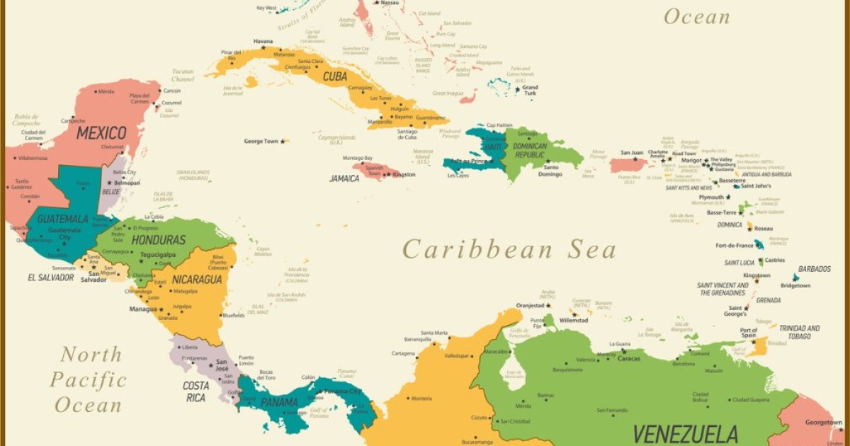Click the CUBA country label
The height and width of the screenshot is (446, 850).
335,76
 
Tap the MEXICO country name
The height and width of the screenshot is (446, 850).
101,133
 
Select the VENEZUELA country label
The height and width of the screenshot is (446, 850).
685,433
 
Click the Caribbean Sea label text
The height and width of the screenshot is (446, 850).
509,249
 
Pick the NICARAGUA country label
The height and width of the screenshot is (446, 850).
197,280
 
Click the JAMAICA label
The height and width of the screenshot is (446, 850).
344,178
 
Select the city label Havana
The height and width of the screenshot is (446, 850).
263,41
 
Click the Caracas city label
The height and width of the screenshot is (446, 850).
628,358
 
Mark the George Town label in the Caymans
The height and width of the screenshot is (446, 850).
261,141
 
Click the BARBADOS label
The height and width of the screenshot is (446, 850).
815,269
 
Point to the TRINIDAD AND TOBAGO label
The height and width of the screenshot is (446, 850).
799,332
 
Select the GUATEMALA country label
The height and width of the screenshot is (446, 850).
62,219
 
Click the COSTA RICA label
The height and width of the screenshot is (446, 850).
195,391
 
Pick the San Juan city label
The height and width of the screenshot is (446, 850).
632,152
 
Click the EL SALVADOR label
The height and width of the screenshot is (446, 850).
50,278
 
